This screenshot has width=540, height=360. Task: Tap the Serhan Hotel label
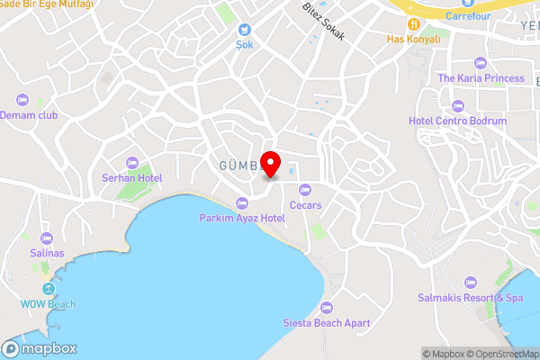tap(131, 178)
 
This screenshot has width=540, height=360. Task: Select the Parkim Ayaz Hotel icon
tap(241, 202)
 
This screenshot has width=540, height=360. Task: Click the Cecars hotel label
tap(305, 204)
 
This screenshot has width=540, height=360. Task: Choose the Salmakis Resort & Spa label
tap(470, 297)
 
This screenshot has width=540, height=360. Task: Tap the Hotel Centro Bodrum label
tap(457, 121)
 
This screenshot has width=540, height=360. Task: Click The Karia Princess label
tap(480, 78)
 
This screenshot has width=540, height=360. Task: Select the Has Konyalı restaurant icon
tap(413, 24)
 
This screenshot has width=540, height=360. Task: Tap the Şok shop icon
tap(244, 29)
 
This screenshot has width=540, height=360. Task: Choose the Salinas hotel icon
tap(47, 238)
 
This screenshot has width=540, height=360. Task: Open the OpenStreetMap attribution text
tap(500, 353)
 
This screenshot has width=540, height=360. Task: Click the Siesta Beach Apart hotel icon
tap(328, 307)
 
